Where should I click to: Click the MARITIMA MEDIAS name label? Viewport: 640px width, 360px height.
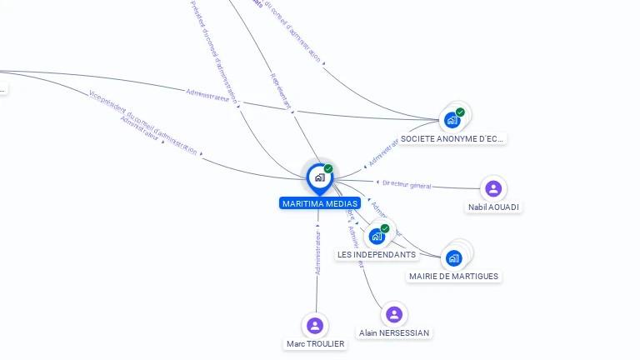320,203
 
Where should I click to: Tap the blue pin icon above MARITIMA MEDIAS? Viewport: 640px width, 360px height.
319,177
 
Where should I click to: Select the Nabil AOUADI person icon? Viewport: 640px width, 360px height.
493,188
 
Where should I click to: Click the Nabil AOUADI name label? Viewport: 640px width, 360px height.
494,207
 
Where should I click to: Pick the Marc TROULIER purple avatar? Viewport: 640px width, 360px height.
315,325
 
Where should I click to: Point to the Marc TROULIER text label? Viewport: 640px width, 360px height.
315,343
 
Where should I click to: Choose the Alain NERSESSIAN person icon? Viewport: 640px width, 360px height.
394,314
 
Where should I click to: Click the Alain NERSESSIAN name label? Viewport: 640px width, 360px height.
394,332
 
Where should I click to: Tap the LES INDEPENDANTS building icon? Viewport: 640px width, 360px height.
377,237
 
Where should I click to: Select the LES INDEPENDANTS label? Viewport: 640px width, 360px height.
377,254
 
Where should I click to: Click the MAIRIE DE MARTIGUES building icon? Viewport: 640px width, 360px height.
453,258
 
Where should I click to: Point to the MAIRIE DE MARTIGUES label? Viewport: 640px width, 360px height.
454,276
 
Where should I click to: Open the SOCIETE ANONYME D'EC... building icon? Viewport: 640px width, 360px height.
452,120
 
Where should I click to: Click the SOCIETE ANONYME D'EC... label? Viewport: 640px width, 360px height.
452,138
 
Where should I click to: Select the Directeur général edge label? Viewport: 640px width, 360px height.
407,184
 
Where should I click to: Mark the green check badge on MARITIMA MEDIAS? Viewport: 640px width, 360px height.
328,168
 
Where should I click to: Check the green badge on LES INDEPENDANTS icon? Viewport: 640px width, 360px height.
385,228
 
